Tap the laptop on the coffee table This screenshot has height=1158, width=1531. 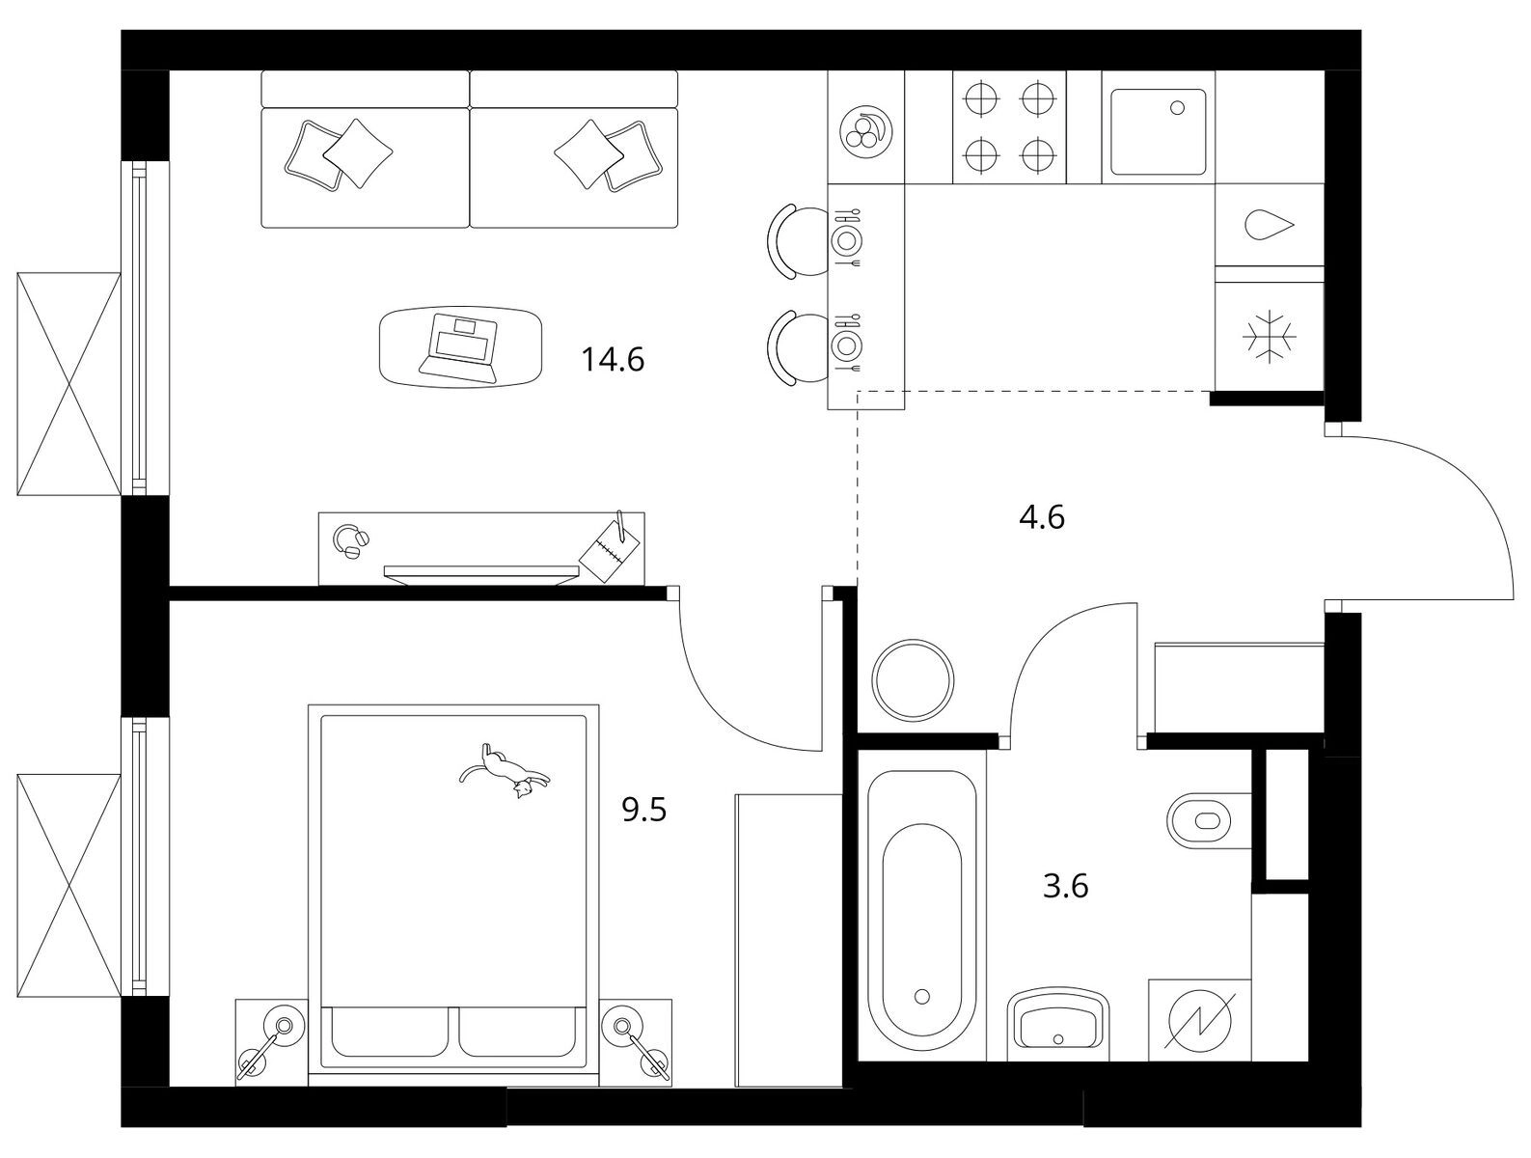pyautogui.click(x=459, y=347)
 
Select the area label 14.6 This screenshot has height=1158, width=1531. pyautogui.click(x=613, y=360)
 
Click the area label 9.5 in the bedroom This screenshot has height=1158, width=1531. pyautogui.click(x=644, y=811)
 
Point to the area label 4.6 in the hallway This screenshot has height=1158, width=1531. pyautogui.click(x=1042, y=518)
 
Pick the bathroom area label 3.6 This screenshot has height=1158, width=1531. pyautogui.click(x=1065, y=887)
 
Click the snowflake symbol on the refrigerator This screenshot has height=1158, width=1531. pyautogui.click(x=1270, y=337)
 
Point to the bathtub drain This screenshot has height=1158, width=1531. pyautogui.click(x=923, y=996)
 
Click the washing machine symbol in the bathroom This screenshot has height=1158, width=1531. pyautogui.click(x=1200, y=1021)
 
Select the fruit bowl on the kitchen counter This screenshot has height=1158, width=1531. pyautogui.click(x=865, y=132)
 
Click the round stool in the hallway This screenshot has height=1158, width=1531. pyautogui.click(x=913, y=679)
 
